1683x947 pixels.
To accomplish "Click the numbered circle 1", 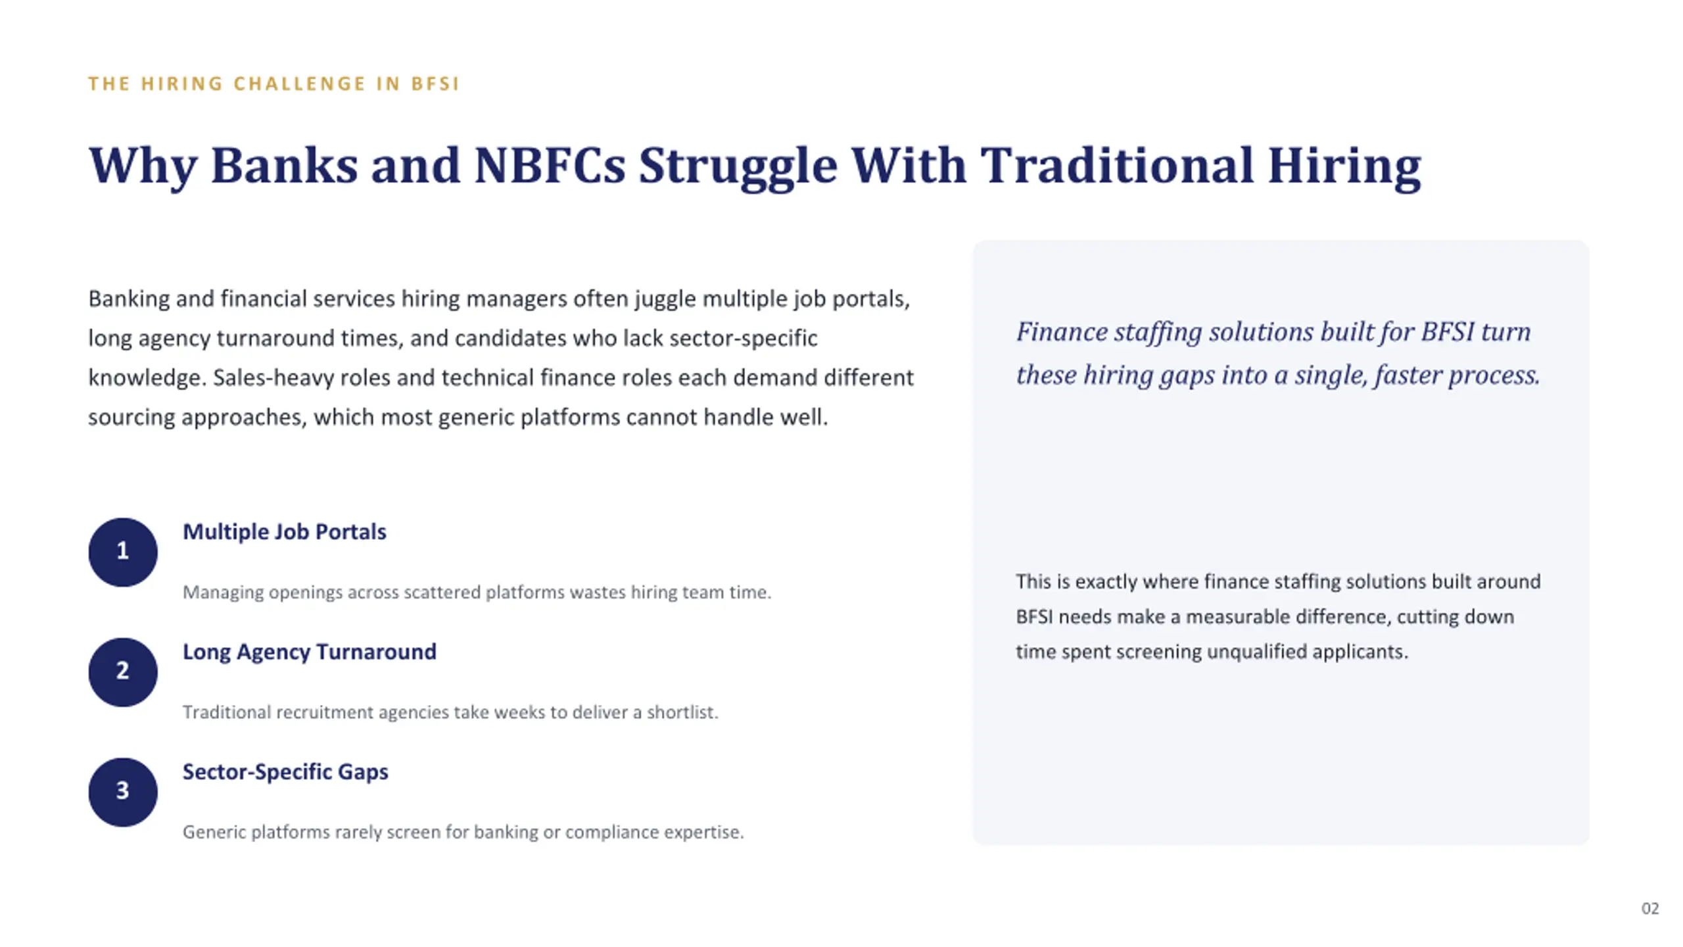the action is (x=123, y=552).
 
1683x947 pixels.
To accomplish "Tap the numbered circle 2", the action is (x=123, y=672).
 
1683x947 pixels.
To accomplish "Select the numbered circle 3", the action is (x=123, y=792).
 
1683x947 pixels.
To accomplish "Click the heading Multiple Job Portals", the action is (x=284, y=532).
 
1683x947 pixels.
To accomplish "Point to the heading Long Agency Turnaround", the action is (x=309, y=652).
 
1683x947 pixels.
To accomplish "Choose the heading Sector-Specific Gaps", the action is (x=285, y=772).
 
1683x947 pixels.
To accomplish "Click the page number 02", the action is (x=1650, y=908).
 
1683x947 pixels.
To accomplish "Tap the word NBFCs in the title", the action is (x=550, y=165).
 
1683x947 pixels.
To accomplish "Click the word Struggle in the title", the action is (x=738, y=166).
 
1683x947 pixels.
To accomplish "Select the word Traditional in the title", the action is (x=1117, y=165).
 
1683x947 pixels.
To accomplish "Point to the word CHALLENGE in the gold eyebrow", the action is (x=300, y=84).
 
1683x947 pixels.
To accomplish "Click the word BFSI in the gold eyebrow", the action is (x=435, y=84).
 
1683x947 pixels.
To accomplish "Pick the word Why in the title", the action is (x=143, y=166).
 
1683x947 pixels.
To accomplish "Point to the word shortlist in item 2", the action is (x=682, y=712).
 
